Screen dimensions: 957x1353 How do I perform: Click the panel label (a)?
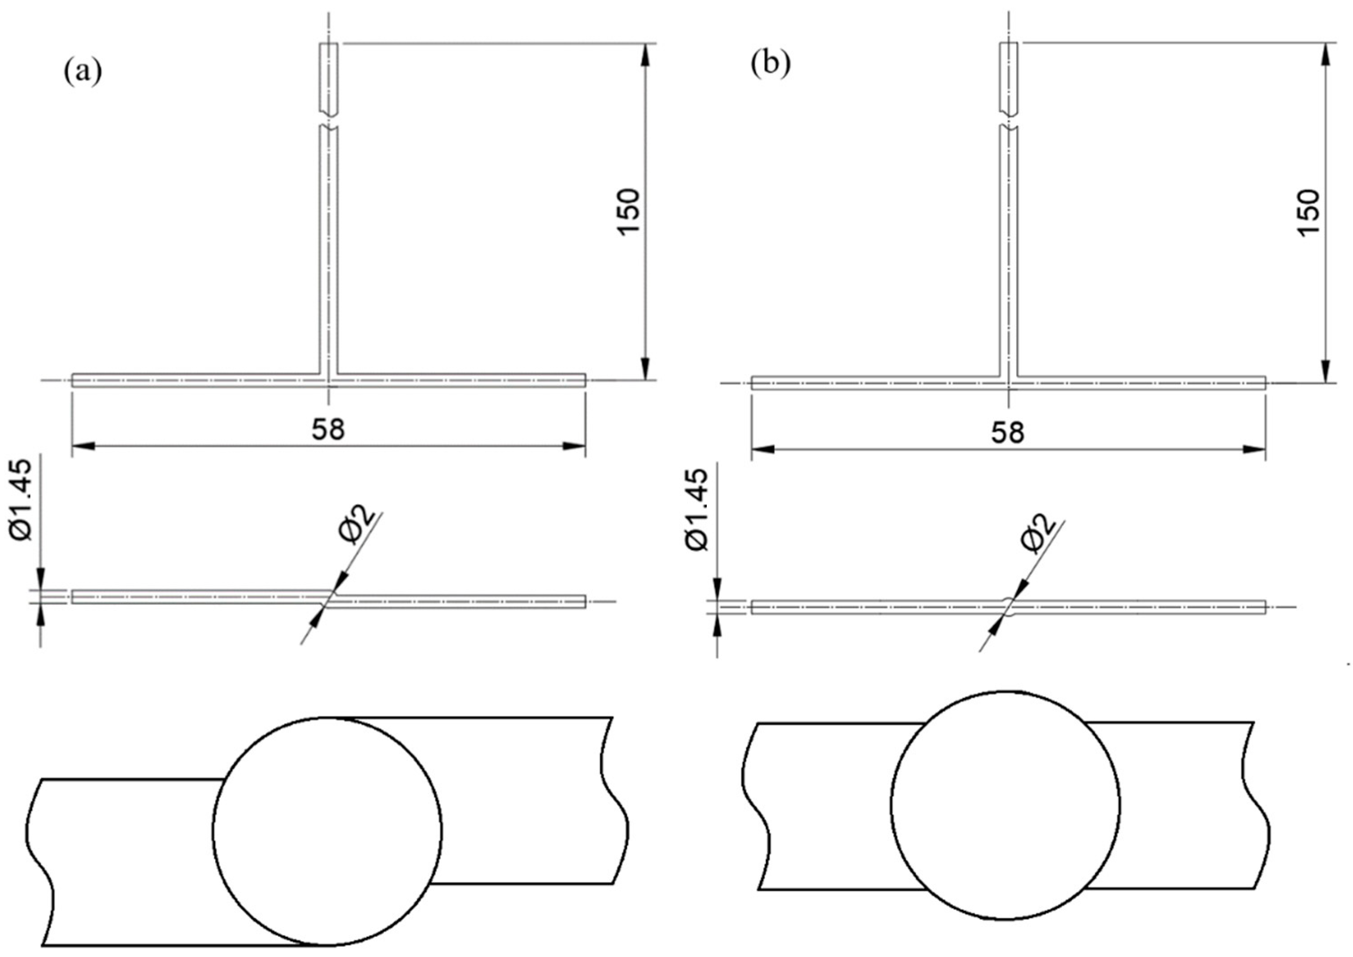[x=83, y=71]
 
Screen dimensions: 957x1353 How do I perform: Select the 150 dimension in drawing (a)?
[x=628, y=212]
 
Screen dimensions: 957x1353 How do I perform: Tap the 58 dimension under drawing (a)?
[x=328, y=429]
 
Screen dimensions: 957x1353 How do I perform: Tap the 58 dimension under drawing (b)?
[x=1008, y=432]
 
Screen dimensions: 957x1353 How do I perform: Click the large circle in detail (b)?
[x=1005, y=805]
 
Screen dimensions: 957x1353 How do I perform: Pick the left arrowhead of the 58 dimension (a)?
[x=83, y=446]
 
